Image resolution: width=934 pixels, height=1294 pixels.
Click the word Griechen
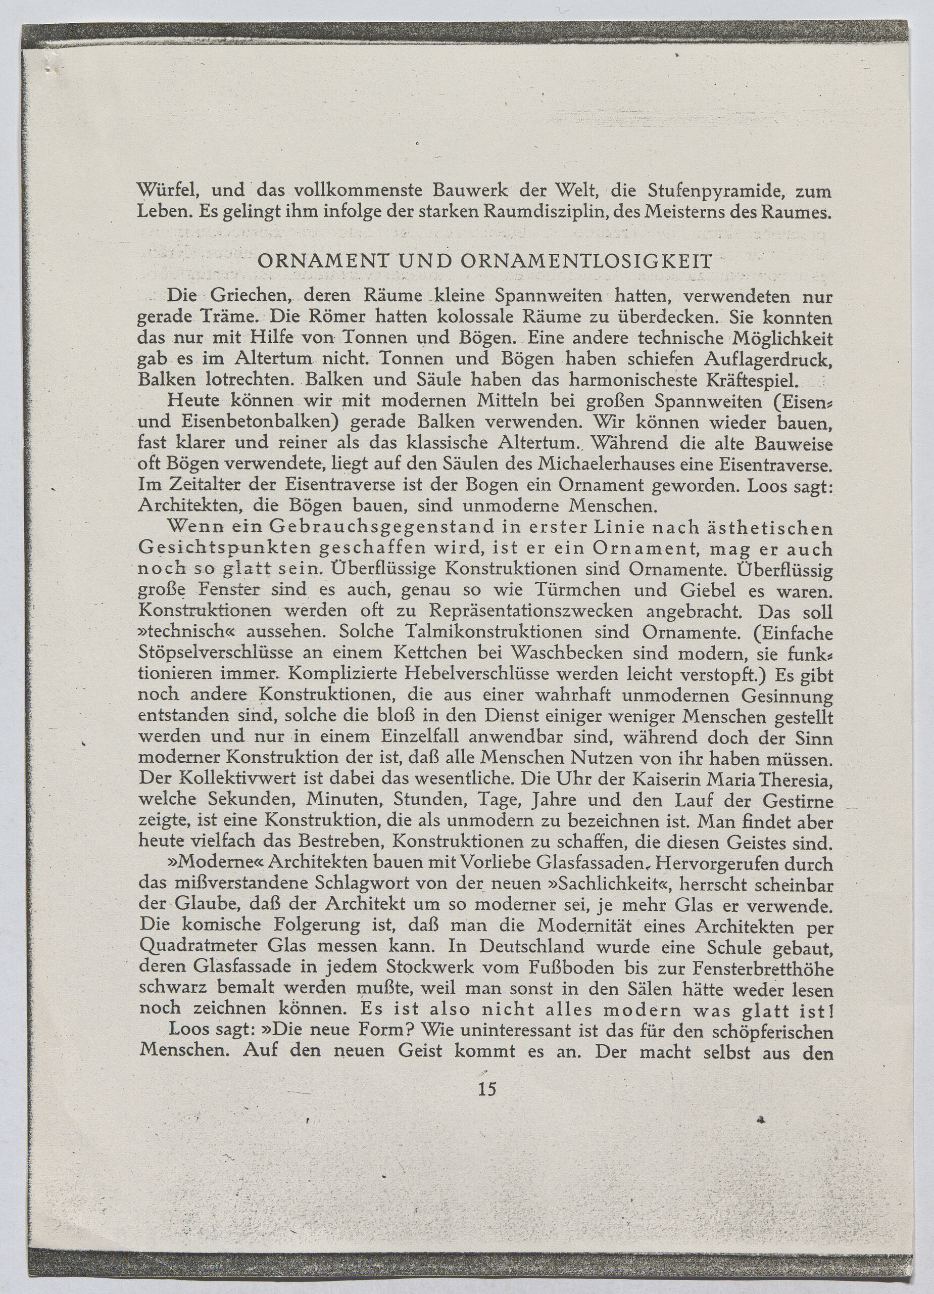click(251, 297)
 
